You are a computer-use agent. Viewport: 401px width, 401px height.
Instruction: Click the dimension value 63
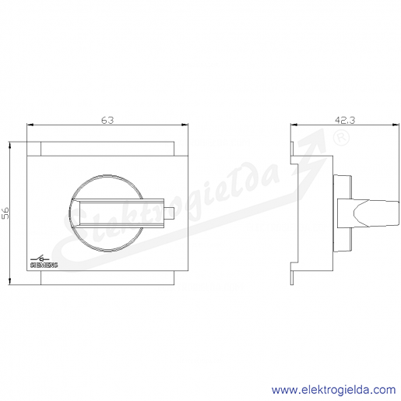(107, 120)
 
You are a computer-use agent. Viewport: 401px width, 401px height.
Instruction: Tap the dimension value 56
(5, 213)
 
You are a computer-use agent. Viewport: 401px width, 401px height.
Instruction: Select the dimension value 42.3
(345, 120)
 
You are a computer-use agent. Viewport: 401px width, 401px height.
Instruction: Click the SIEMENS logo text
(44, 265)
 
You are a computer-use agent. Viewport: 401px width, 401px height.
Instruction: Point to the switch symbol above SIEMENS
(40, 259)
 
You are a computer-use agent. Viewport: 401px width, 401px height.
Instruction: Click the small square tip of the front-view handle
(169, 213)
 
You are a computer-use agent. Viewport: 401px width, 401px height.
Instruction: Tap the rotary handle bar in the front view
(118, 213)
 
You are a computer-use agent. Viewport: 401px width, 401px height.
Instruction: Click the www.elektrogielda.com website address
(333, 390)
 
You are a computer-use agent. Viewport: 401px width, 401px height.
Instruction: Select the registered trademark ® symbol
(341, 138)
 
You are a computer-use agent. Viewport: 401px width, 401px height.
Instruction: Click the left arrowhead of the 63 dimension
(30, 125)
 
